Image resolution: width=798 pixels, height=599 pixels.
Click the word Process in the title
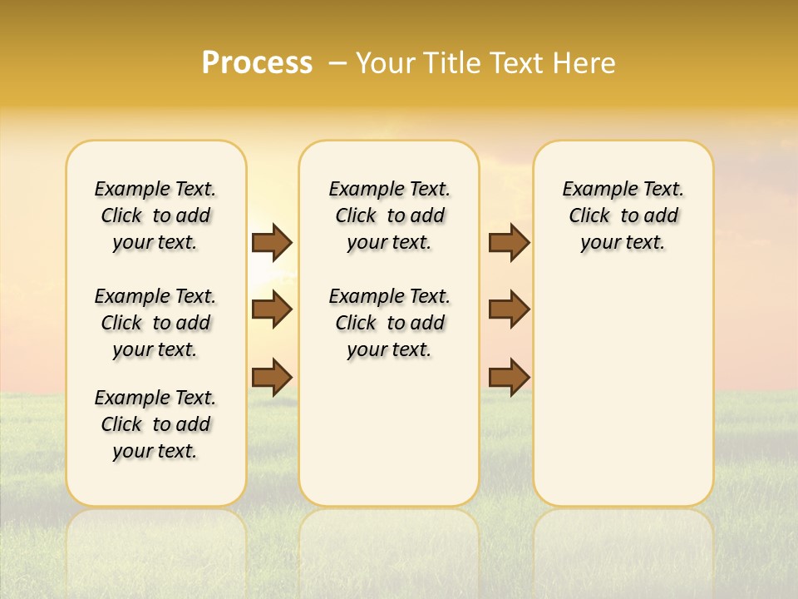pyautogui.click(x=257, y=63)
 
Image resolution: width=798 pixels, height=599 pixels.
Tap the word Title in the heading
pyautogui.click(x=453, y=63)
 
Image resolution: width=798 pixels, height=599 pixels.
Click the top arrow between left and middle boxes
pyautogui.click(x=272, y=242)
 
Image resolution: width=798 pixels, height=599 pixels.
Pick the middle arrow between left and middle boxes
pyautogui.click(x=272, y=309)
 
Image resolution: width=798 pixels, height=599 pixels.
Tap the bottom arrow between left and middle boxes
pyautogui.click(x=272, y=377)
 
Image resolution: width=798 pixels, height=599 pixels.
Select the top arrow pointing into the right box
pyautogui.click(x=509, y=242)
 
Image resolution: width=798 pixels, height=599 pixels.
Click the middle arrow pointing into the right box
pyautogui.click(x=509, y=309)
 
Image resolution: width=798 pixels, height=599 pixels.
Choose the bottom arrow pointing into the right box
pyautogui.click(x=509, y=377)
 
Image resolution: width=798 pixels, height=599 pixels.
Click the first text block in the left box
pyautogui.click(x=155, y=215)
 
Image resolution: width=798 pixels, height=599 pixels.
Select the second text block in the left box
pyautogui.click(x=155, y=323)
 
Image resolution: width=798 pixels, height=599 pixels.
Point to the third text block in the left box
pyautogui.click(x=155, y=424)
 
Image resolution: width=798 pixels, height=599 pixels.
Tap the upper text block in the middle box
pyautogui.click(x=389, y=215)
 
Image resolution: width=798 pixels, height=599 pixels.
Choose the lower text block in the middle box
pyautogui.click(x=389, y=323)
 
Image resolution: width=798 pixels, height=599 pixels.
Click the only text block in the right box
pyautogui.click(x=623, y=215)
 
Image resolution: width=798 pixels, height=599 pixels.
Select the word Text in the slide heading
pyautogui.click(x=514, y=63)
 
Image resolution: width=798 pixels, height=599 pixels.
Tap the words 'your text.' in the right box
pyautogui.click(x=623, y=243)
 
